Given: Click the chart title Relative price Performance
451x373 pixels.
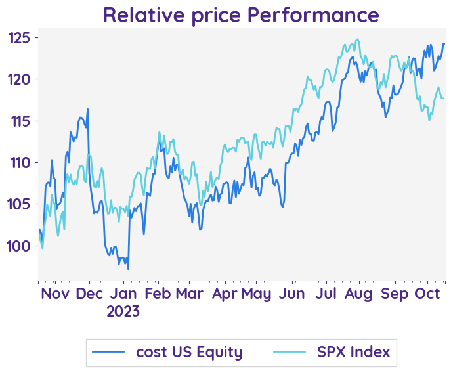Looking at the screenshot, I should click(x=241, y=14).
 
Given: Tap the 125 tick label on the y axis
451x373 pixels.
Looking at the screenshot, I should click(x=20, y=38).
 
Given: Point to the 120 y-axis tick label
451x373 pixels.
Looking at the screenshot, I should click(x=20, y=79).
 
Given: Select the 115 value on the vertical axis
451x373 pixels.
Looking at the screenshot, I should click(x=20, y=121).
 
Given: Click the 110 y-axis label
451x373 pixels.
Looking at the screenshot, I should click(x=20, y=162).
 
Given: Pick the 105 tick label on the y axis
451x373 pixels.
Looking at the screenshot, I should click(x=20, y=204).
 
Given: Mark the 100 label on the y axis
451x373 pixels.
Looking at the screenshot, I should click(x=20, y=246).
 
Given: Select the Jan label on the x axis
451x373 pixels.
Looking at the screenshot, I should click(x=123, y=293).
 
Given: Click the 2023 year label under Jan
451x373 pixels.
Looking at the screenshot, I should click(x=123, y=311).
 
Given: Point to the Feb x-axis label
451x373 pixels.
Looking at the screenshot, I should click(x=158, y=293).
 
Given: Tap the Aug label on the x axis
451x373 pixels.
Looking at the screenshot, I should click(x=360, y=293).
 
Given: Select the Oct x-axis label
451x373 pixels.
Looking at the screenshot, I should click(x=428, y=293).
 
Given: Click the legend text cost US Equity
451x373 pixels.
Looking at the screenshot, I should click(x=189, y=352).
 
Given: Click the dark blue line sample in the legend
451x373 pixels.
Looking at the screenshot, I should click(x=108, y=353).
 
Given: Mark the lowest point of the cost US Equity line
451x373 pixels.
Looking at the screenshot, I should click(x=128, y=269).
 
